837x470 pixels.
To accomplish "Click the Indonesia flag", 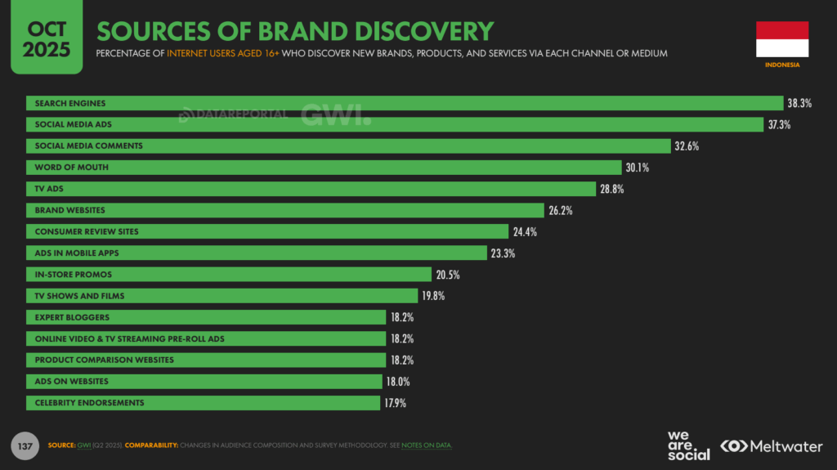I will (781, 38).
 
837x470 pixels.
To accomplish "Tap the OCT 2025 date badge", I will (47, 39).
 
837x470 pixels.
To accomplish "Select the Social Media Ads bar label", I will (74, 124).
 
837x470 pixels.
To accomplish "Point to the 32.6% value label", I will (687, 146).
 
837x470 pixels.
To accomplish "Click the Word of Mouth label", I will (72, 168).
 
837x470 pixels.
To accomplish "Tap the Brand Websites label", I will (70, 210).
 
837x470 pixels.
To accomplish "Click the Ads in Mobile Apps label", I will (77, 253).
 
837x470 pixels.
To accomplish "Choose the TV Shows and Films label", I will (80, 295).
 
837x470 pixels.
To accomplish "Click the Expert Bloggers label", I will (72, 317).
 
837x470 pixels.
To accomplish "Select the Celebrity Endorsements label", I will (89, 402).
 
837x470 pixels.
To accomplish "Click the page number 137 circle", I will (25, 445).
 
